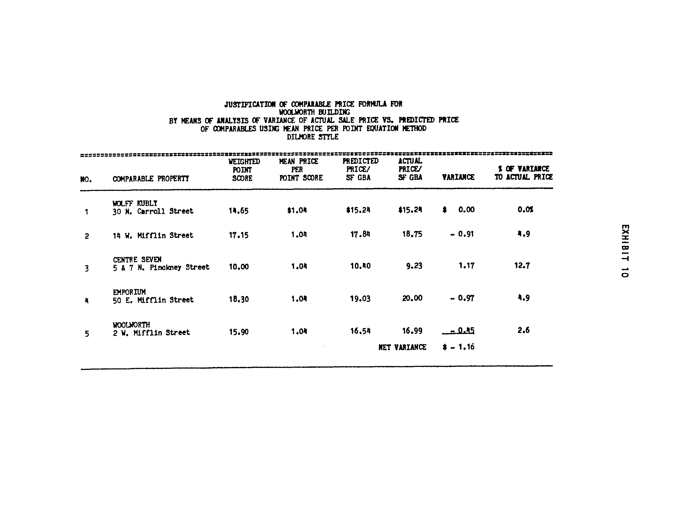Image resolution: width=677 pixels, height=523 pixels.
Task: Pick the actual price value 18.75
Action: (x=412, y=234)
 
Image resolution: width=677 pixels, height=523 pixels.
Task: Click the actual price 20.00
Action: (x=412, y=298)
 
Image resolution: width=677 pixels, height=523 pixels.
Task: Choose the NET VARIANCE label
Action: (x=402, y=347)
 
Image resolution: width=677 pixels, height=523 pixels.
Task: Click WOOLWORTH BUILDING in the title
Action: (x=314, y=112)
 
